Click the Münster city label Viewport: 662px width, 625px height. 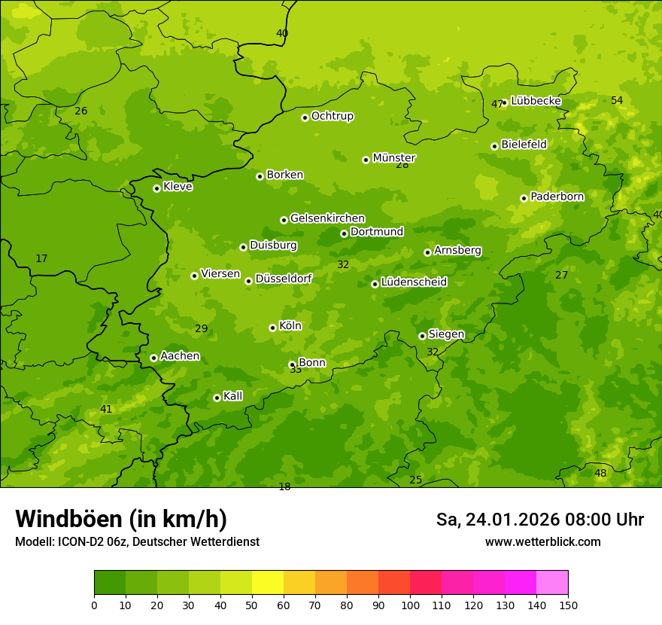coord(393,158)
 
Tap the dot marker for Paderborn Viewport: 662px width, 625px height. coord(524,198)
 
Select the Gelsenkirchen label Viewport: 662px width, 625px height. coord(327,218)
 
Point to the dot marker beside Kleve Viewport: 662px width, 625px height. coord(156,188)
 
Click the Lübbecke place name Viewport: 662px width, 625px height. coord(536,101)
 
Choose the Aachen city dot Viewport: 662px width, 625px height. coord(153,358)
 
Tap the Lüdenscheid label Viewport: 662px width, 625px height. coord(414,282)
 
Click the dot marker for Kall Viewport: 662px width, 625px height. coord(217,398)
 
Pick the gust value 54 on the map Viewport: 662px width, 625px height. coord(617,100)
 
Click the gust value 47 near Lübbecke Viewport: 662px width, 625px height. coord(496,105)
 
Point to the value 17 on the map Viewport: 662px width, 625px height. coord(41,259)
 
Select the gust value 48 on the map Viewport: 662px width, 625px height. coord(600,474)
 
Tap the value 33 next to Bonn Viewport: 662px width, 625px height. coord(296,370)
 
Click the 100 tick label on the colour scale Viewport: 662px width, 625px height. coord(410,605)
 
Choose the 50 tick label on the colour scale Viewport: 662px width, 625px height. coord(252,605)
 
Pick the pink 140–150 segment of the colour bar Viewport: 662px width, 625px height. coord(552,583)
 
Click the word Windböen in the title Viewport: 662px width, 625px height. coord(68,519)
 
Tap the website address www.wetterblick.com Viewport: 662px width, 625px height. coord(543,541)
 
